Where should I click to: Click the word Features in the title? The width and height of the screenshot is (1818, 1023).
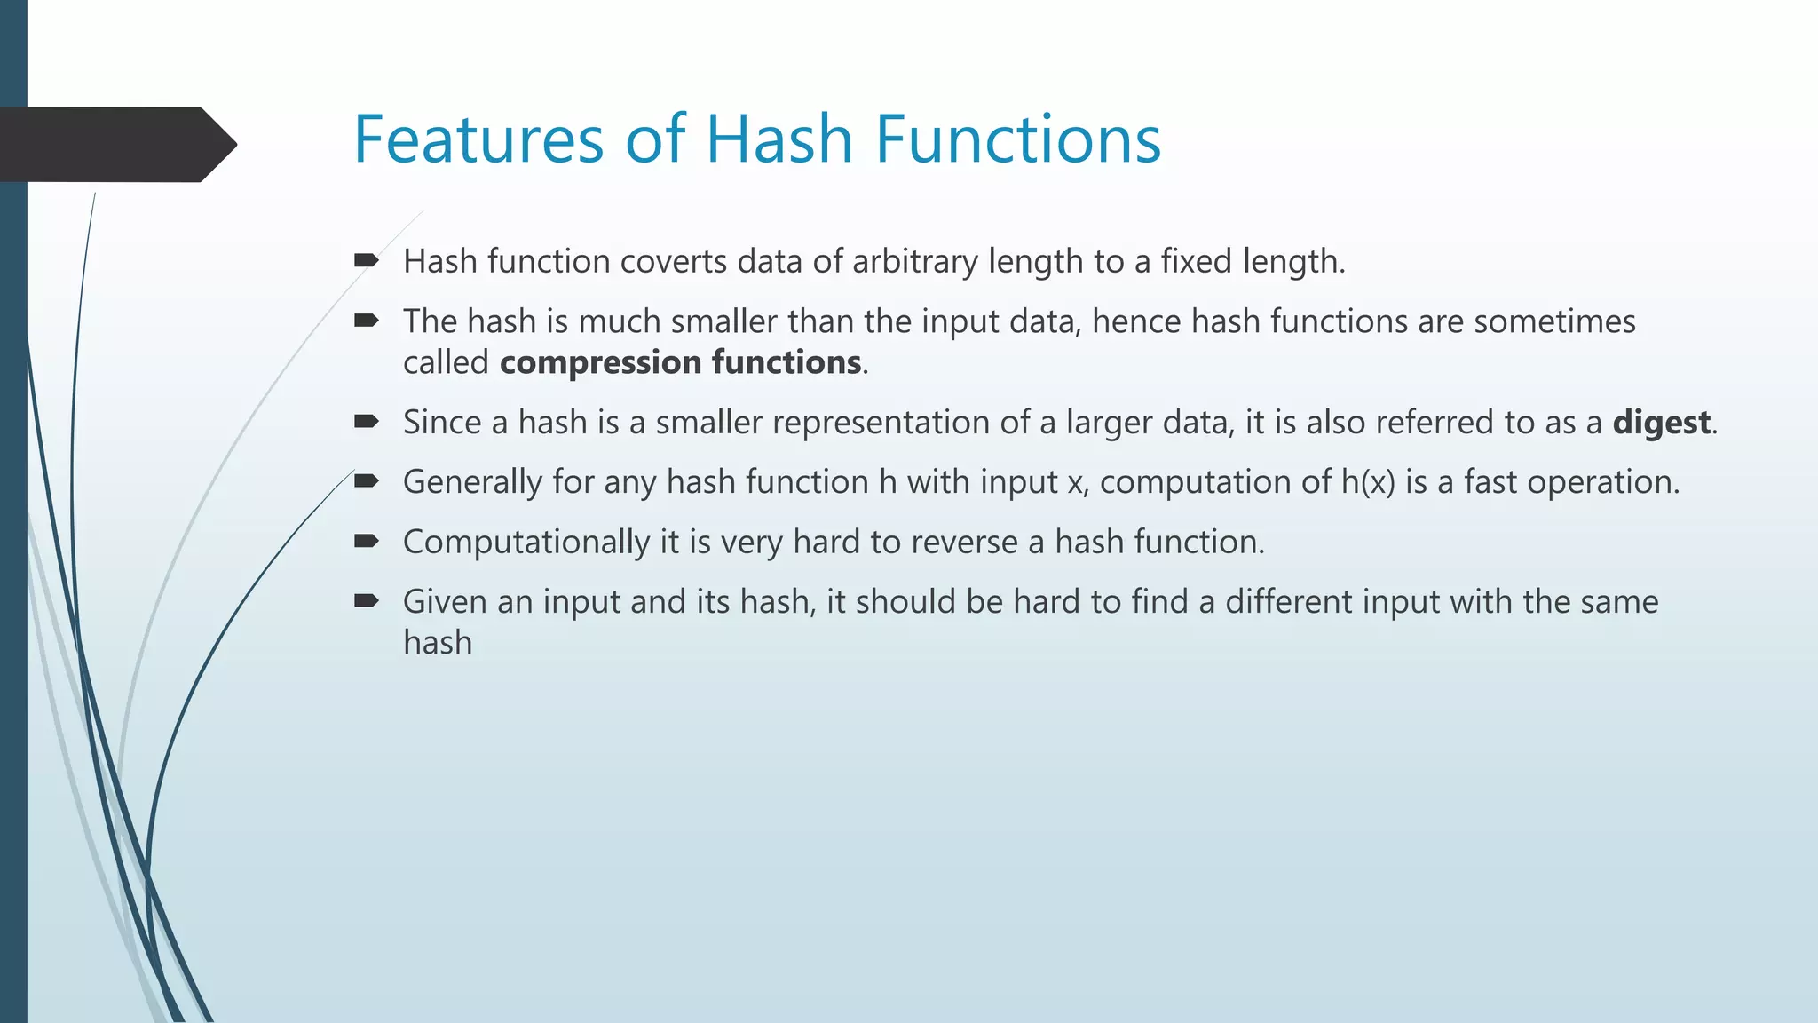point(478,139)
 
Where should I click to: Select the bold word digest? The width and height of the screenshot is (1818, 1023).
point(1660,423)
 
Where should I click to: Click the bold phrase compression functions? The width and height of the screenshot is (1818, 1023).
point(680,363)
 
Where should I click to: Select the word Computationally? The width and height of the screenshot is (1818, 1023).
point(526,543)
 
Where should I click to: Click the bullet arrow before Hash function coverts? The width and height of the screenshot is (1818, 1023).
point(366,260)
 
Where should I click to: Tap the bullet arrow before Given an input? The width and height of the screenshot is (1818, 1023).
point(366,601)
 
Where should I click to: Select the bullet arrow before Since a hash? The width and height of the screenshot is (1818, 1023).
point(366,422)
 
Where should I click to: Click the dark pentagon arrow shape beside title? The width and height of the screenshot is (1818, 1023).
point(115,144)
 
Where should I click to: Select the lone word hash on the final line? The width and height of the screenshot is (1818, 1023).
point(438,643)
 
